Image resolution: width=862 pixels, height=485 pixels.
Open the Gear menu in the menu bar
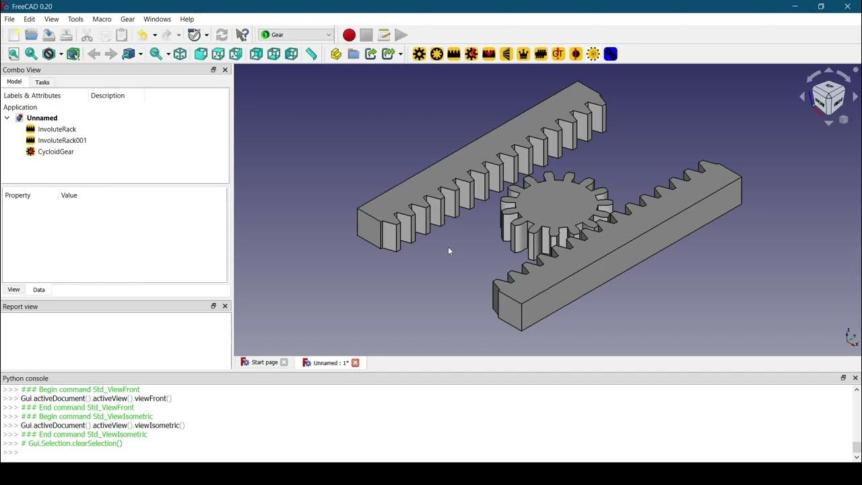127,19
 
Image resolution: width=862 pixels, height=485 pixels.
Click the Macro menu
102,19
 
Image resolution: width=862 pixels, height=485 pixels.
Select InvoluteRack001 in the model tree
62,140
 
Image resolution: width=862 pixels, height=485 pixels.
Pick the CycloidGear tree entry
56,152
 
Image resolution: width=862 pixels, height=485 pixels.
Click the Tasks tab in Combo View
42,82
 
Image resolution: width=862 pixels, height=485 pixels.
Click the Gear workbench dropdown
296,35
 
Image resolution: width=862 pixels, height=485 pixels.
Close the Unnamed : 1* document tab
356,362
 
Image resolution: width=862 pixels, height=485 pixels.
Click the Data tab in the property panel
39,290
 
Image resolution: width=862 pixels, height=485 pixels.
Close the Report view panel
225,306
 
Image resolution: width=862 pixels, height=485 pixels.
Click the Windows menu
157,19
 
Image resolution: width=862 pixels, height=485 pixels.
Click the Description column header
108,96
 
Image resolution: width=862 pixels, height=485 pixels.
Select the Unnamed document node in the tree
42,118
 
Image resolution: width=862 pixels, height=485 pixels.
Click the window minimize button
795,7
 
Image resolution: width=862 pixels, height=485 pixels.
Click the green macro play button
401,35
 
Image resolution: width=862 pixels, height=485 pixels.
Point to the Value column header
69,195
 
